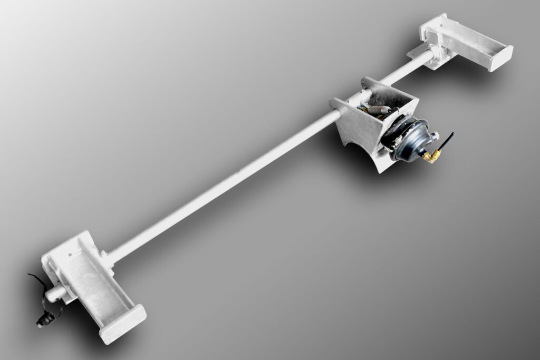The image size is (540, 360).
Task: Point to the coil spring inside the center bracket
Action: click(x=380, y=110)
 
